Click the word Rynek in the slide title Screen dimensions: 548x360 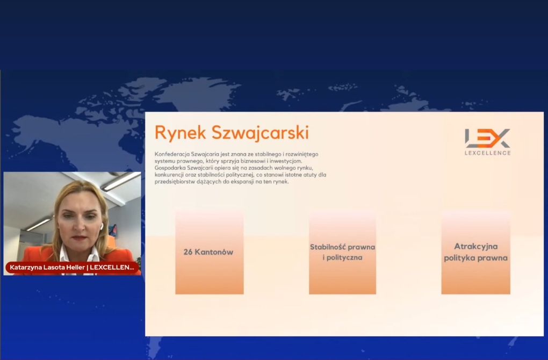[181, 133]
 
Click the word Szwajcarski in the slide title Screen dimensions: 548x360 [261, 133]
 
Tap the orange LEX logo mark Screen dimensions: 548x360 [487, 138]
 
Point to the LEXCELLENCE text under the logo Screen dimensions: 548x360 [487, 153]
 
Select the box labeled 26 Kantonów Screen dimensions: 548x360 [210, 252]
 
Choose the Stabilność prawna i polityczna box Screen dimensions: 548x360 [343, 252]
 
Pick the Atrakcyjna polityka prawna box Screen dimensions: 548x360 [475, 252]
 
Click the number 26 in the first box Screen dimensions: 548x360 [188, 252]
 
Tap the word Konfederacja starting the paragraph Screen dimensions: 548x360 [172, 154]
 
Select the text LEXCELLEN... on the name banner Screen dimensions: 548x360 [112, 268]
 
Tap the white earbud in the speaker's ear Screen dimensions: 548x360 [102, 227]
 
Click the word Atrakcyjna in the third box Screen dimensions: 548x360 [475, 247]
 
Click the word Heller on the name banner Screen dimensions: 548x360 [75, 268]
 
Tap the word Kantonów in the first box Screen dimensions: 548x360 [214, 252]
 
